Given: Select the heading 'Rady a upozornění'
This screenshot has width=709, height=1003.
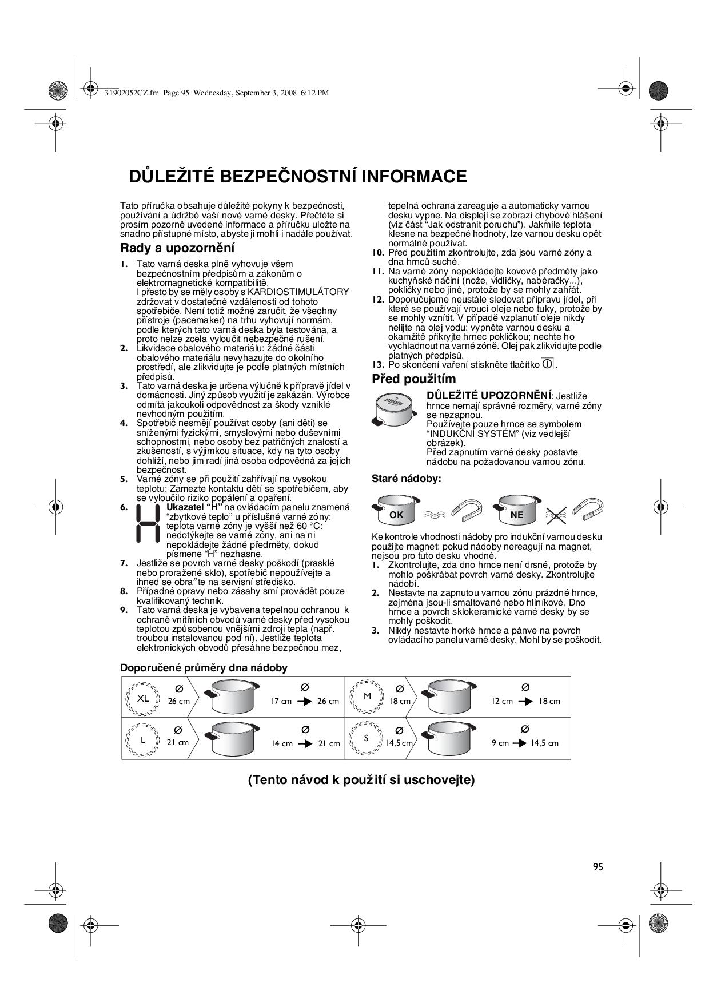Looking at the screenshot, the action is coord(177,248).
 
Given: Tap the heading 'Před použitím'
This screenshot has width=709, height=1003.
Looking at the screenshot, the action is coord(414,379).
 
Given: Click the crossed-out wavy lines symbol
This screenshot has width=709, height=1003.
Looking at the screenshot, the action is coord(555,515).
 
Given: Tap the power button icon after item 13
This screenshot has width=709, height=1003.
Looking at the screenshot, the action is coord(547,364).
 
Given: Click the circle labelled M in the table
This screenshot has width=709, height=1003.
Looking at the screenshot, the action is coord(367,697).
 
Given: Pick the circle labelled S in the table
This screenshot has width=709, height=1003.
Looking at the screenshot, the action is coord(367,738).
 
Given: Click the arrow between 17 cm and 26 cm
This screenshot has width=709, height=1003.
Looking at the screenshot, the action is coord(305,701).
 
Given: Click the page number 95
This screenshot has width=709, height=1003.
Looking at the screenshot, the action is coord(598,867).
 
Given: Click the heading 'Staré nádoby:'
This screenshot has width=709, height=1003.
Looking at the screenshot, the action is coord(407,479).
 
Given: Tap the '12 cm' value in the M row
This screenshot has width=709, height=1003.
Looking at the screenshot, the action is coord(503,701).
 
